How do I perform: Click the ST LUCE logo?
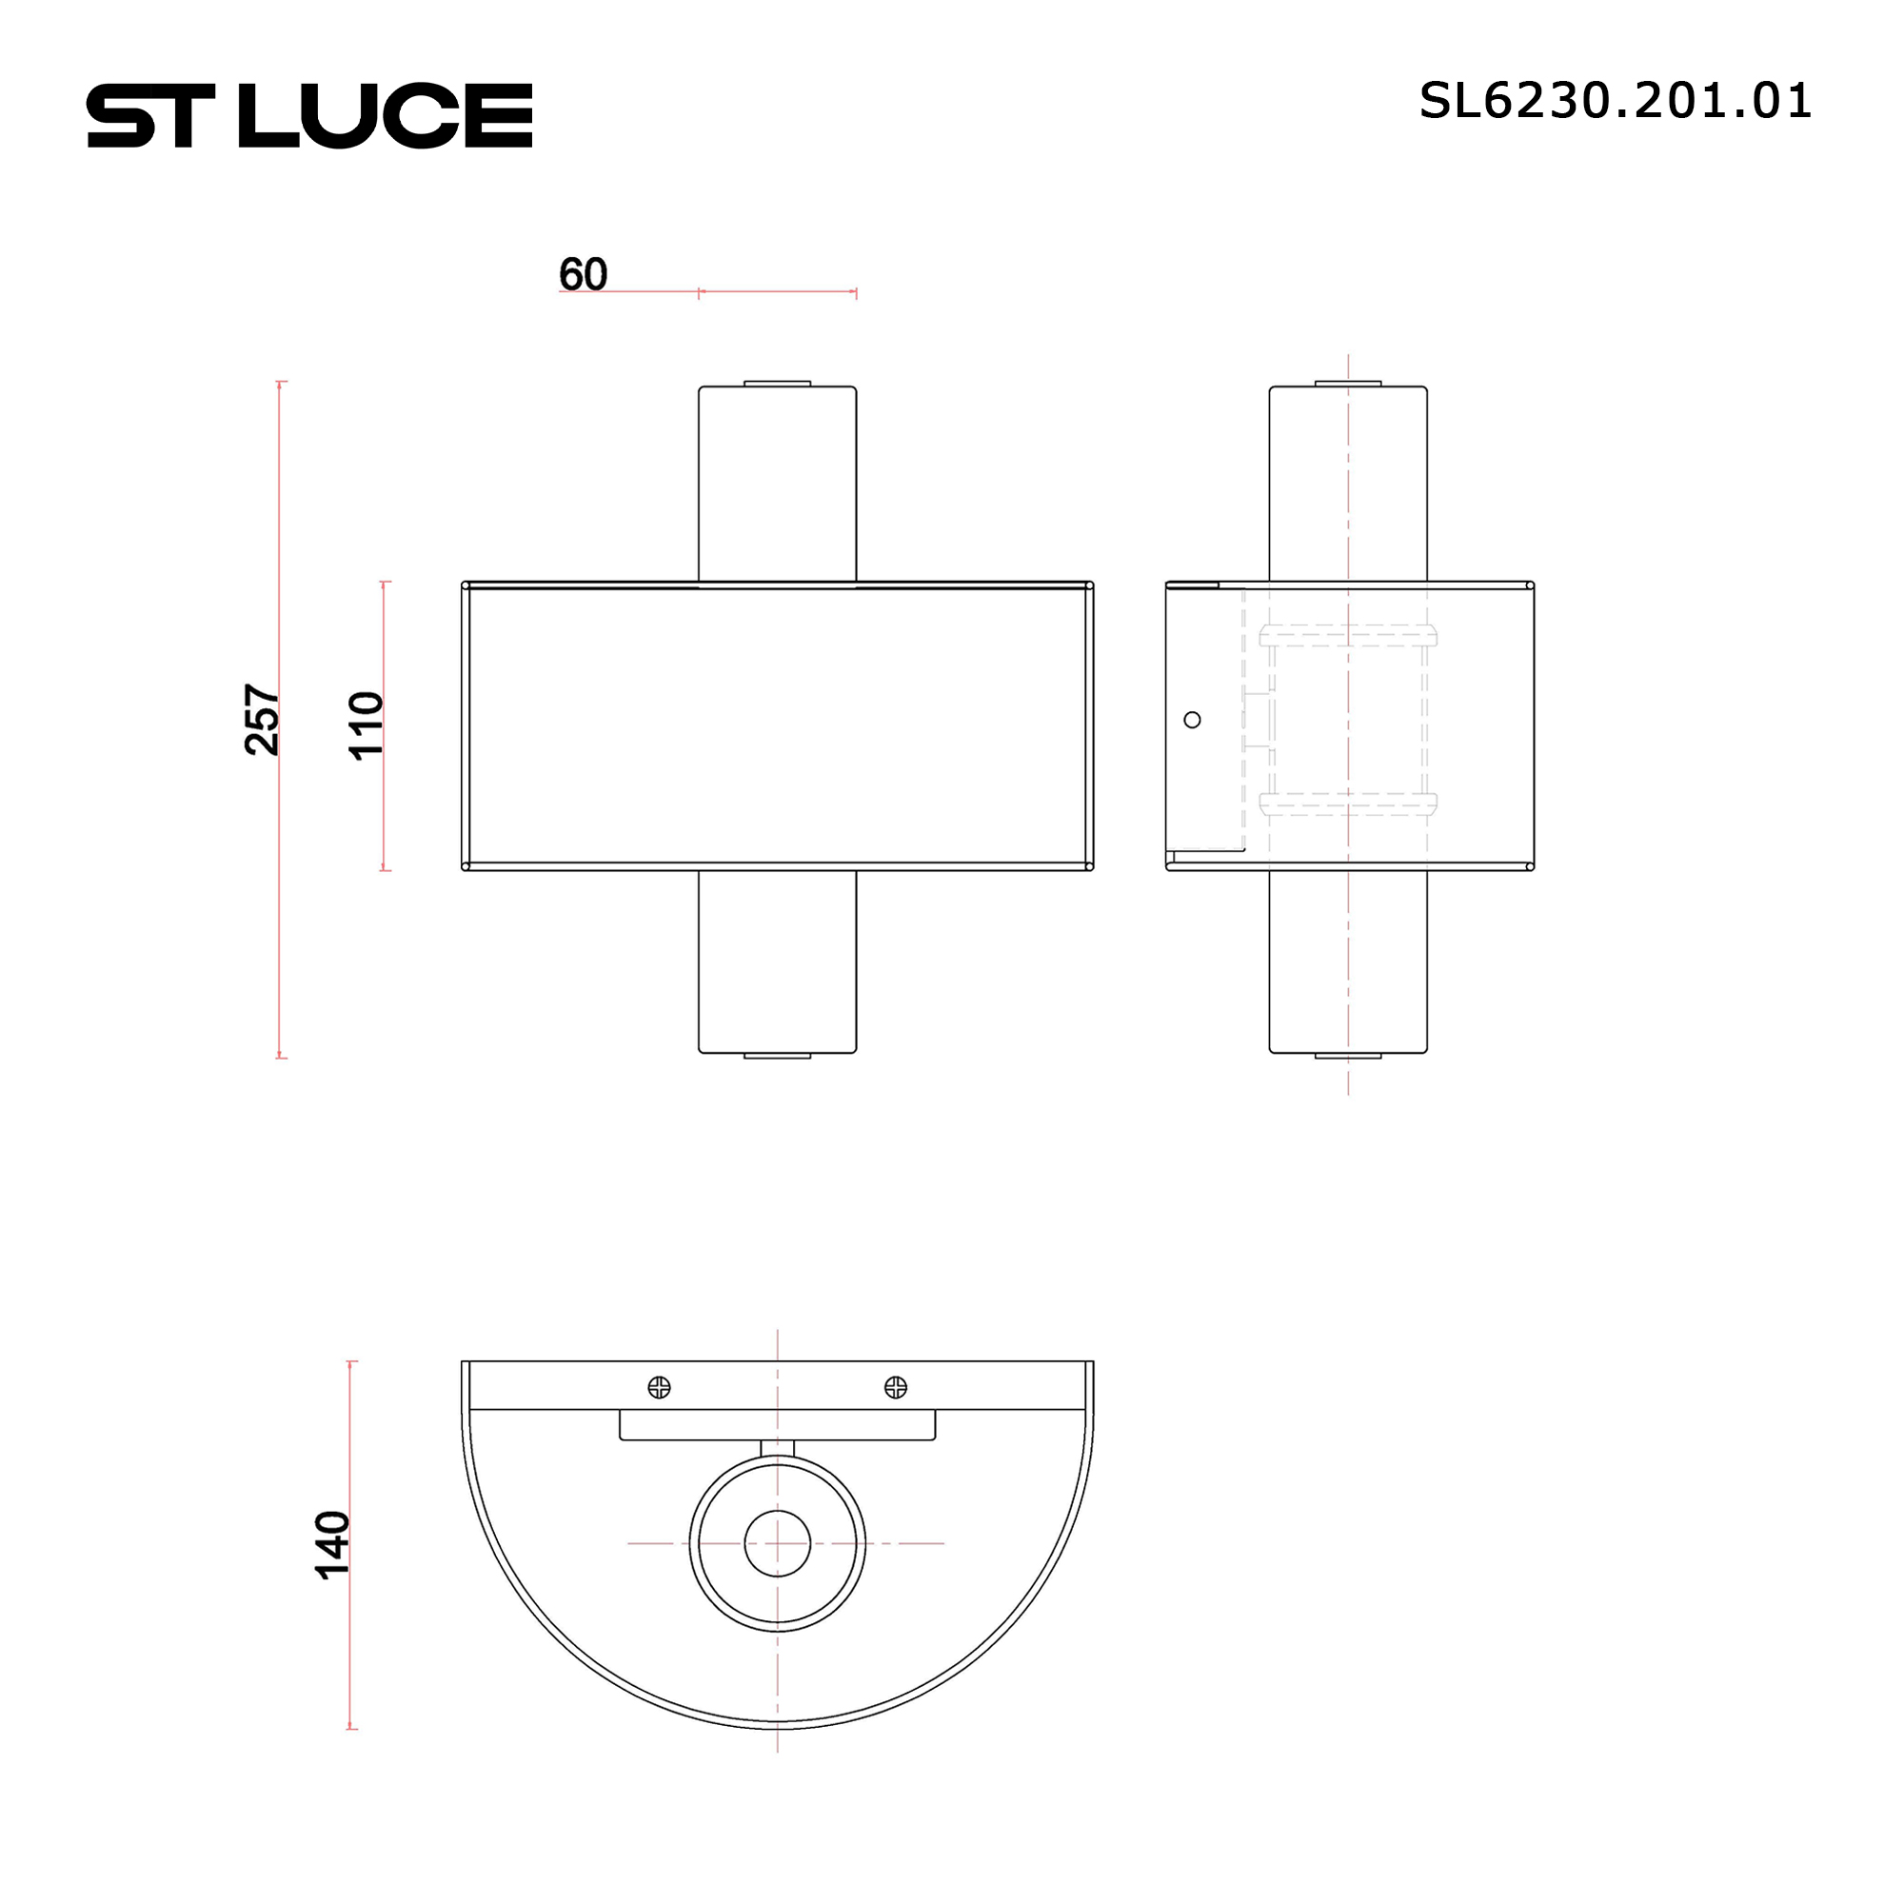coord(309,115)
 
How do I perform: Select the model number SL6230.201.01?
coord(1616,101)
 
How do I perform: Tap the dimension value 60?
coord(584,273)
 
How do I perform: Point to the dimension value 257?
coord(262,720)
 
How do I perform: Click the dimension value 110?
coord(366,725)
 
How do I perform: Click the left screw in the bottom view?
coord(660,1388)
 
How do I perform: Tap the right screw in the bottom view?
coord(896,1388)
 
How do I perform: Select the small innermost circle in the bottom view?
coord(778,1543)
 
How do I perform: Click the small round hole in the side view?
coord(1193,721)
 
